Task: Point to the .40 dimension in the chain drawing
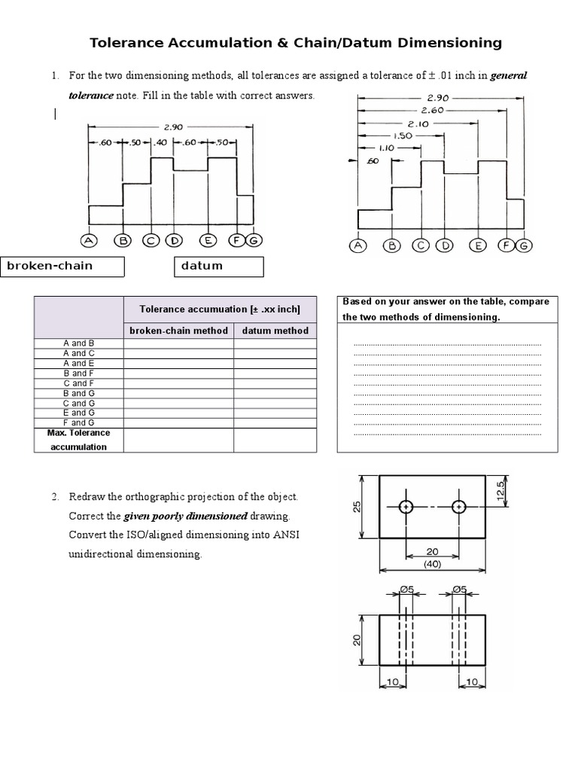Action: pyautogui.click(x=161, y=142)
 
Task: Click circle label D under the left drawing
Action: pyautogui.click(x=174, y=240)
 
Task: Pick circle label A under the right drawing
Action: pyautogui.click(x=358, y=245)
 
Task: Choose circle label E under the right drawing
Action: pyautogui.click(x=476, y=245)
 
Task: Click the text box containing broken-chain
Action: pyautogui.click(x=62, y=266)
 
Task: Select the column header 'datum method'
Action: pyautogui.click(x=275, y=331)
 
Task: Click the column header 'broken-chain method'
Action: pyautogui.click(x=178, y=331)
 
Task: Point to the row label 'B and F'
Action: pyautogui.click(x=78, y=373)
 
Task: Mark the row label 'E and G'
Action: pyautogui.click(x=78, y=413)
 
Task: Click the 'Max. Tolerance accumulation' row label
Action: pyautogui.click(x=78, y=440)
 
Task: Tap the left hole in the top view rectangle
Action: pyautogui.click(x=406, y=507)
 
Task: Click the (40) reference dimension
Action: pyautogui.click(x=432, y=562)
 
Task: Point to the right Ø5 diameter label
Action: pyautogui.click(x=459, y=590)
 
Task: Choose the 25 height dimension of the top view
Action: pyautogui.click(x=357, y=507)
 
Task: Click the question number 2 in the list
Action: pyautogui.click(x=55, y=497)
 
